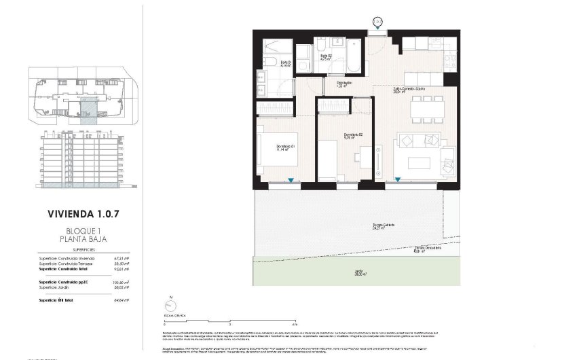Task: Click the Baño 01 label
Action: click(x=286, y=62)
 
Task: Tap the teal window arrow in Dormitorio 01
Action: click(x=291, y=181)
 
